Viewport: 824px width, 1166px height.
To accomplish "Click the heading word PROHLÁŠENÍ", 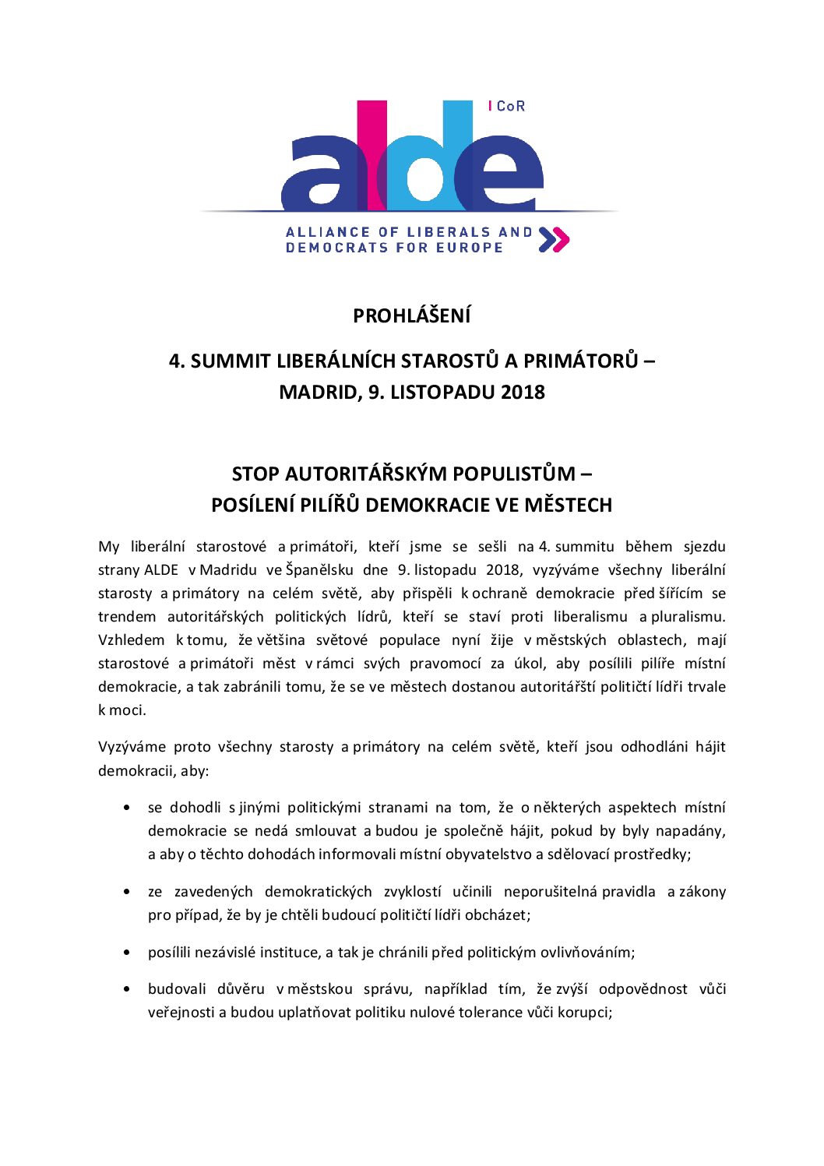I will point(411,316).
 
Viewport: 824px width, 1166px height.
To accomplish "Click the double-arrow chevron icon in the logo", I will point(554,240).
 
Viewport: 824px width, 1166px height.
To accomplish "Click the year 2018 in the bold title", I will point(523,392).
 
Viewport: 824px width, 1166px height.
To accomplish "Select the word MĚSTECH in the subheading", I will point(568,506).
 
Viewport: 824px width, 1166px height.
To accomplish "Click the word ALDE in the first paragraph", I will point(161,570).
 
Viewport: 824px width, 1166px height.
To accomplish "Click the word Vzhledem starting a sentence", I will point(131,640).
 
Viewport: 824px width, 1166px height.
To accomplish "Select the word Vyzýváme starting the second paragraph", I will point(131,747).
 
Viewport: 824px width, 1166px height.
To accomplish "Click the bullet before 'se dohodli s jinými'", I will point(126,808).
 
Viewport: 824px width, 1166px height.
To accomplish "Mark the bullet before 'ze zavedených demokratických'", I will point(126,892).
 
